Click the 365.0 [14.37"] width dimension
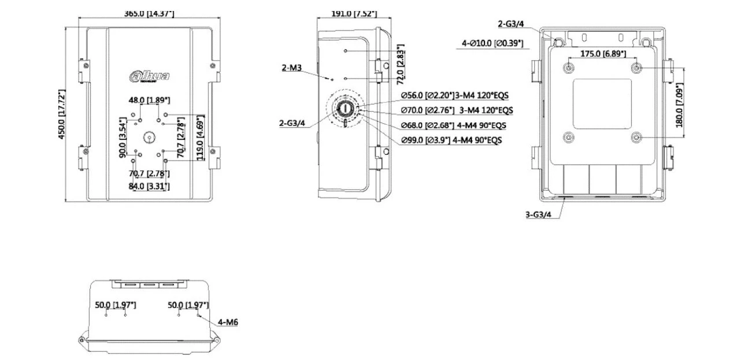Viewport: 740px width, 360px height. [x=149, y=13]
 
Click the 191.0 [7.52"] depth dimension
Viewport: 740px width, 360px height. [x=353, y=13]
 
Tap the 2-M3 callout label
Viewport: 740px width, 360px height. [x=292, y=68]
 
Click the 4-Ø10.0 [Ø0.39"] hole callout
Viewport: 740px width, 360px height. [x=492, y=43]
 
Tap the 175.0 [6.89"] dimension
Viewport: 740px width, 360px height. [x=602, y=53]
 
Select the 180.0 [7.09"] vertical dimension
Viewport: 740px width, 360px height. [x=680, y=103]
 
